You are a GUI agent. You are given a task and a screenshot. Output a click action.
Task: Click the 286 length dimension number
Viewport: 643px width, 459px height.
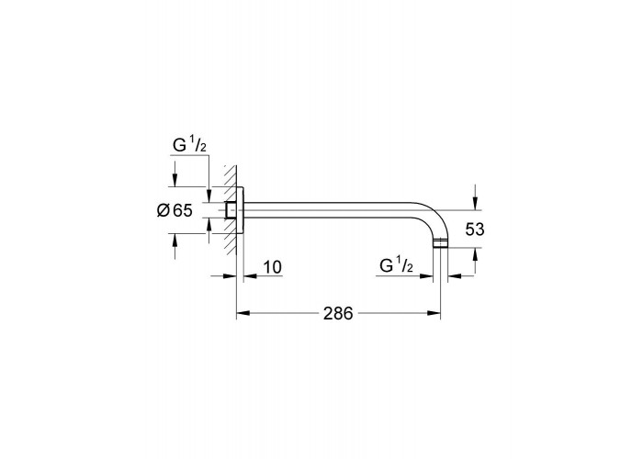pyautogui.click(x=338, y=314)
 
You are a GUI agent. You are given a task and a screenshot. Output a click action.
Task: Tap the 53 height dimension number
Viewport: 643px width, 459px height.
pyautogui.click(x=475, y=229)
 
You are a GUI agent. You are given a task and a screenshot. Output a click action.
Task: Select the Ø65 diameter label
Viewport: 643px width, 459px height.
pyautogui.click(x=175, y=210)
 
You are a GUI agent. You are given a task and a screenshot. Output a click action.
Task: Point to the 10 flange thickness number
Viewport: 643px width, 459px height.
pyautogui.click(x=272, y=267)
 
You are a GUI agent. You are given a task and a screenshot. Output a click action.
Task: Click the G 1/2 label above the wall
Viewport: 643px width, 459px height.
pyautogui.click(x=190, y=145)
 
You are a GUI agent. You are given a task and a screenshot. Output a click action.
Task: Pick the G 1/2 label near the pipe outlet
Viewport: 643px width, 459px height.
pyautogui.click(x=396, y=266)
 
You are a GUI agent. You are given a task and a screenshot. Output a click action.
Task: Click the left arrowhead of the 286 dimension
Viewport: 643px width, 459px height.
pyautogui.click(x=243, y=313)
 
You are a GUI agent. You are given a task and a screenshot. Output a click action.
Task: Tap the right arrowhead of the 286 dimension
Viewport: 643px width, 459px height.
pyautogui.click(x=434, y=313)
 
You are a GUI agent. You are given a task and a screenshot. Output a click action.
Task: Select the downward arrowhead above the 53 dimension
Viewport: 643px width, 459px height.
pyautogui.click(x=475, y=203)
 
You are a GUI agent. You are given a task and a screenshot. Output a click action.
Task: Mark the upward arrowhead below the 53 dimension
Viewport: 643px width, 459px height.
pyautogui.click(x=475, y=255)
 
